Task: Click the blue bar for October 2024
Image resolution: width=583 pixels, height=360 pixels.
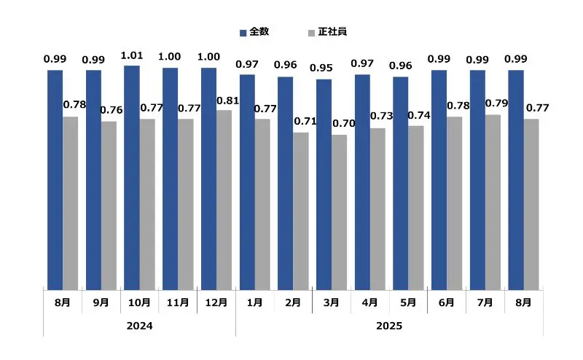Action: pos(131,178)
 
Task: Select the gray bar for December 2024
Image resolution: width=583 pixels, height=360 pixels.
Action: pos(223,200)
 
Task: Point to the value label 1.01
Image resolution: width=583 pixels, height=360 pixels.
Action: pos(132,55)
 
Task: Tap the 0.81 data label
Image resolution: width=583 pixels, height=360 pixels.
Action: pos(228,100)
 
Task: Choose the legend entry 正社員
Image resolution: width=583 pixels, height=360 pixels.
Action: pos(329,31)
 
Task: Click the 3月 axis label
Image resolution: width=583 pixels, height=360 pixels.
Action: pos(331,302)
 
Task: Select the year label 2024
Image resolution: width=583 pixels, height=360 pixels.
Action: pos(139,326)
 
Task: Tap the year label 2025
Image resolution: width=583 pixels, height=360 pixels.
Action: pos(389,326)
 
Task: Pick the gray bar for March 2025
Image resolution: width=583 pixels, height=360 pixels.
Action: pos(338,213)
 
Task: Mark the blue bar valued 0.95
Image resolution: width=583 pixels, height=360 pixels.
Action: pos(324,184)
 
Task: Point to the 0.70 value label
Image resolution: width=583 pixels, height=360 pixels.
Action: pos(344,123)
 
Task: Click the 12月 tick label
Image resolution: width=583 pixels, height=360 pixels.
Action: pos(216,302)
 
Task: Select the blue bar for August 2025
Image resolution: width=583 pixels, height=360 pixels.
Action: pos(515,180)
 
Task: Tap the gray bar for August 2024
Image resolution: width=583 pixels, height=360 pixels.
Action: pos(70,203)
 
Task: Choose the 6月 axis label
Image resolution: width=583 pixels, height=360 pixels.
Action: pos(446,302)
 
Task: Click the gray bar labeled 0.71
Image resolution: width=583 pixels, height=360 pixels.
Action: pos(300,211)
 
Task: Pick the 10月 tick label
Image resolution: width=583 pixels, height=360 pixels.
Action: pos(139,302)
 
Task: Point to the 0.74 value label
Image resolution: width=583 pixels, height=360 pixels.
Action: pos(420,114)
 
